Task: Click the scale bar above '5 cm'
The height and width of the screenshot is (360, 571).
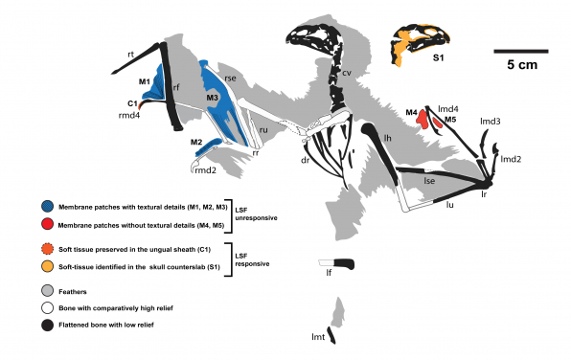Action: (x=521, y=51)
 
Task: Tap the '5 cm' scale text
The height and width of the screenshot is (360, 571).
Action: (x=522, y=65)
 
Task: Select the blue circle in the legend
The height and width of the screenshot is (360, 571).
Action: (x=47, y=207)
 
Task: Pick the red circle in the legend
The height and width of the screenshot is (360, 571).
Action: (x=47, y=224)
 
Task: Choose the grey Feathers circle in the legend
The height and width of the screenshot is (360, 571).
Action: (x=47, y=289)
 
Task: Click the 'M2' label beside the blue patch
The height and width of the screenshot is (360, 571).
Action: (x=195, y=143)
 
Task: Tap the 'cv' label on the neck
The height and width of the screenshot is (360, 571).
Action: (x=346, y=72)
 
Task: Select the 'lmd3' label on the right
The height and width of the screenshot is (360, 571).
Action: (x=491, y=122)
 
